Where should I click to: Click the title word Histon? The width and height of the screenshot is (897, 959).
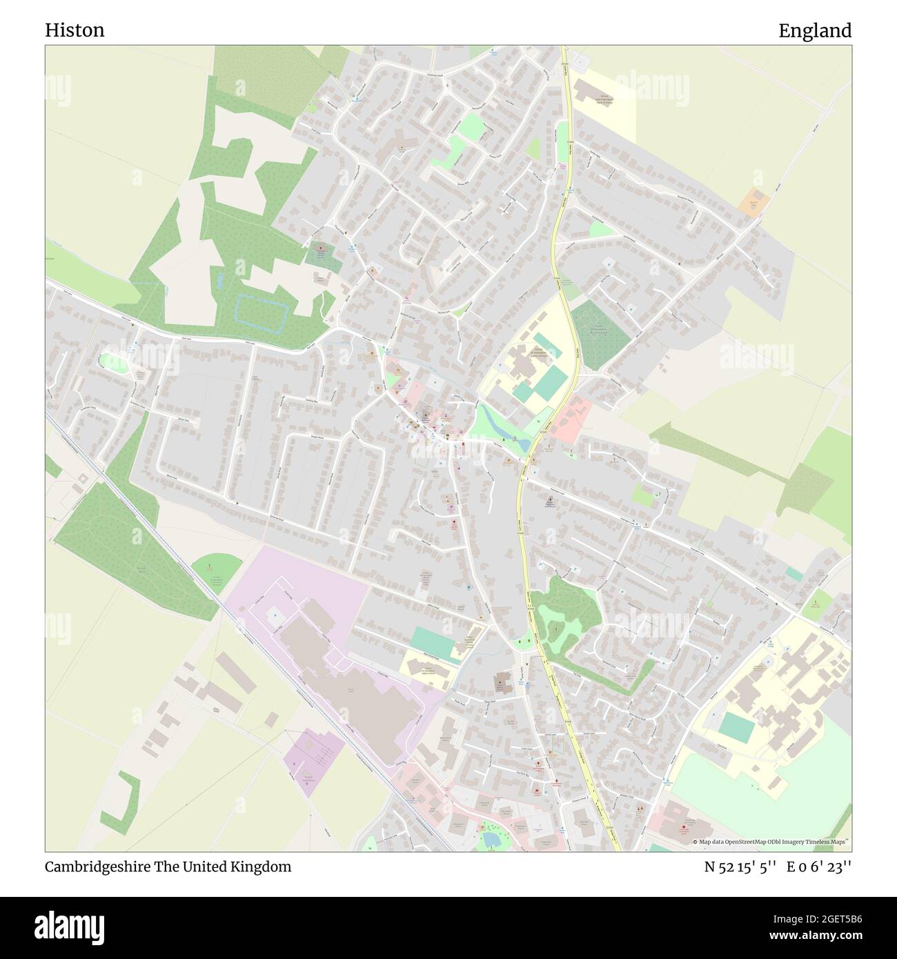point(75,30)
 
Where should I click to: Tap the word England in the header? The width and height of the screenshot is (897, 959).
point(815,30)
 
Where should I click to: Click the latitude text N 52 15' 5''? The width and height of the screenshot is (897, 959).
point(741,867)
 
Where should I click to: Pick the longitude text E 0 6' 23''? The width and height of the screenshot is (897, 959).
point(819,867)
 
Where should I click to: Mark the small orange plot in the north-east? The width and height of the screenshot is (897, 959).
point(754,201)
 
